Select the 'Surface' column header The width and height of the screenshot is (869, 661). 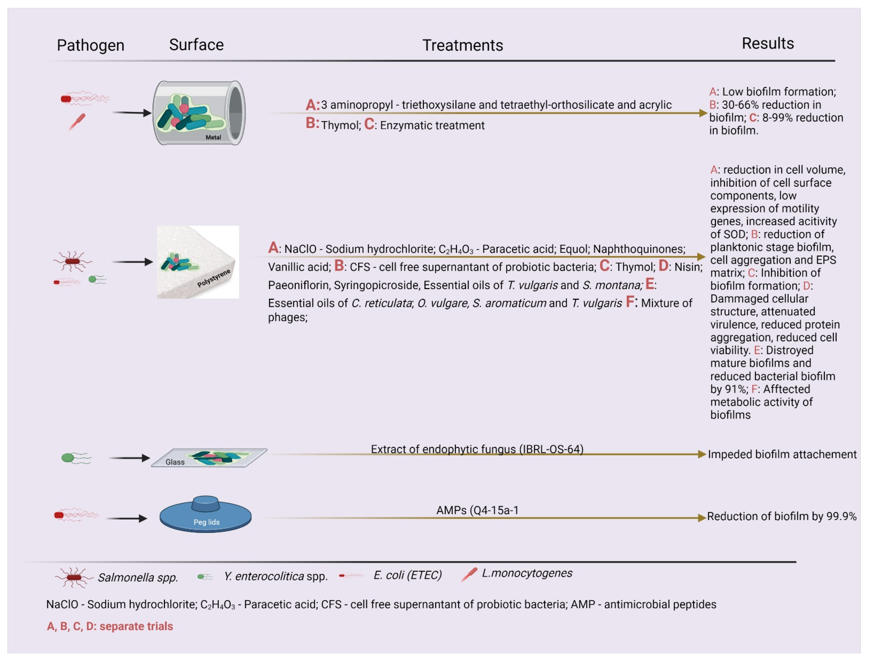[196, 45]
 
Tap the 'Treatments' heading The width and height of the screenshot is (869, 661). [462, 45]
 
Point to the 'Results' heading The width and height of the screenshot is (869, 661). [767, 43]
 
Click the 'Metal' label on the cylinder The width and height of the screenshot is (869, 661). [213, 137]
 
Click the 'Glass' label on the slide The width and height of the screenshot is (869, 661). [175, 462]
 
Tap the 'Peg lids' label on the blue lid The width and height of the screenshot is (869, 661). [206, 522]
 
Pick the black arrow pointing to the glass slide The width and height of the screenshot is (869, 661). [129, 458]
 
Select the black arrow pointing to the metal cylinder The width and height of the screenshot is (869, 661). [132, 113]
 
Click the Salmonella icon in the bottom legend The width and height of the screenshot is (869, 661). [74, 577]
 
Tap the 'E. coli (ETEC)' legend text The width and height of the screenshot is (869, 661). [407, 575]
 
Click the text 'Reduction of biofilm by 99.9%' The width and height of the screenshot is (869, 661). [781, 516]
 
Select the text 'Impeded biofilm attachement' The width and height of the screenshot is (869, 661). [782, 454]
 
